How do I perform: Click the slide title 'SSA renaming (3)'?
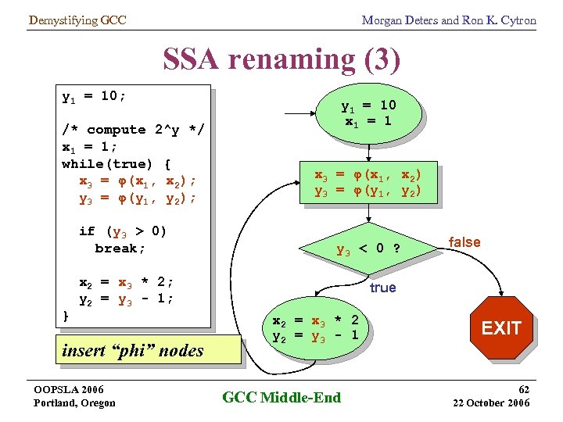click(x=281, y=59)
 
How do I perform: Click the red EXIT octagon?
click(x=500, y=328)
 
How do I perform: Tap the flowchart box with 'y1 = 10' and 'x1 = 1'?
click(x=368, y=113)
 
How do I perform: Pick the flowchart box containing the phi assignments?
click(x=368, y=184)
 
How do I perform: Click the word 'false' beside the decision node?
click(x=464, y=242)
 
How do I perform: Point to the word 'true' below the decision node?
click(x=382, y=288)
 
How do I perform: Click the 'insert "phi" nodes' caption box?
click(x=132, y=350)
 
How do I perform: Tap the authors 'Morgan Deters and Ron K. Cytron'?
click(x=449, y=20)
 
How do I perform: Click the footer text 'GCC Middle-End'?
click(x=281, y=398)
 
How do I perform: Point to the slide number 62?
click(x=523, y=388)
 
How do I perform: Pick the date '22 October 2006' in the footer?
click(x=491, y=402)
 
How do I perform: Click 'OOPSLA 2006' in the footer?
click(x=69, y=389)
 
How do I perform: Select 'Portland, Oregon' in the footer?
click(x=74, y=402)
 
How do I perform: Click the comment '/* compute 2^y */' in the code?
click(x=133, y=130)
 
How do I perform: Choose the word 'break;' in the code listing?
click(x=120, y=249)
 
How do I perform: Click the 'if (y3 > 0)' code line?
click(x=124, y=231)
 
